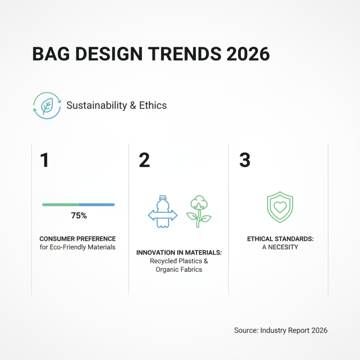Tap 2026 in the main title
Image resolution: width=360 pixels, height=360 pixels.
point(247,54)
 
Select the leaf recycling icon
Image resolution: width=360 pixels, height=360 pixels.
point(46,105)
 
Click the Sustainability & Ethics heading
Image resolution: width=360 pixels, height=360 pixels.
point(117,105)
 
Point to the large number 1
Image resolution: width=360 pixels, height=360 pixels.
point(44,161)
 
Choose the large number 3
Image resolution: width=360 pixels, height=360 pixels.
point(244,161)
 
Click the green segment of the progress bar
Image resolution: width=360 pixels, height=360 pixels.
point(61,205)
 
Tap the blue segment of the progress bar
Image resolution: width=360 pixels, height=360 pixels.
point(97,205)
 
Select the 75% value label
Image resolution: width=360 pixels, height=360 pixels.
point(79,216)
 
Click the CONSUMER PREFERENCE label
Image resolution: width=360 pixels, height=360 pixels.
point(77,239)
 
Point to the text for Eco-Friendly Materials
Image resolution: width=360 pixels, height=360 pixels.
point(77,247)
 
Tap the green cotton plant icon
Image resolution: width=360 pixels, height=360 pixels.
point(198,211)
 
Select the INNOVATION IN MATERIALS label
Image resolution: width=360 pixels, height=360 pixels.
point(179,253)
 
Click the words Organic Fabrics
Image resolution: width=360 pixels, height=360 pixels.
point(179,270)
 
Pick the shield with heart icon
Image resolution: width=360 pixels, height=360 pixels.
point(279,207)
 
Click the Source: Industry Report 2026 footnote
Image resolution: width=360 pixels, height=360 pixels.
point(281,330)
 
